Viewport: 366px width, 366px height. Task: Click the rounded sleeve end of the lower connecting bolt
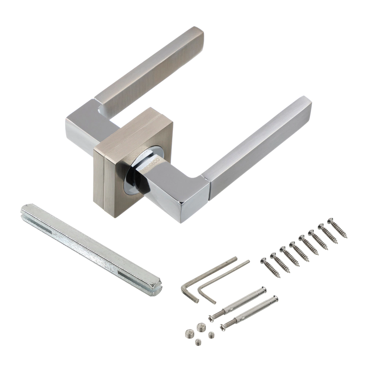[x=275, y=299]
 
